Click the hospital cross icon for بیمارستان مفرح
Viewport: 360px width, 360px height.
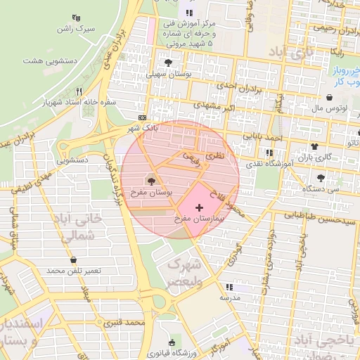[x=200, y=208]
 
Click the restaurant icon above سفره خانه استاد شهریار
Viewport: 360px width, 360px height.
[x=79, y=91]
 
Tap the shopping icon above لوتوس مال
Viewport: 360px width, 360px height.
[x=329, y=98]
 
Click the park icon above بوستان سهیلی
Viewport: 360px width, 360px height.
[x=167, y=63]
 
